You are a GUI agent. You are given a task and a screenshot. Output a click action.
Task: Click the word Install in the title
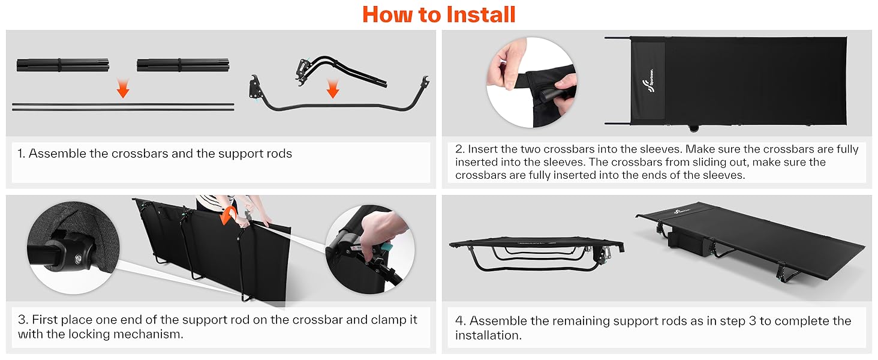(480, 14)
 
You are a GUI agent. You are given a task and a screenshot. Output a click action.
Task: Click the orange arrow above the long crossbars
(123, 88)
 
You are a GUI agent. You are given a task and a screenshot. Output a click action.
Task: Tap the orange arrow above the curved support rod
(333, 89)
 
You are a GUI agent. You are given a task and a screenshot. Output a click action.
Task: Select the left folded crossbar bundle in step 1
(63, 65)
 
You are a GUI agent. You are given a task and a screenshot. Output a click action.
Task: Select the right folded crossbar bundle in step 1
(183, 65)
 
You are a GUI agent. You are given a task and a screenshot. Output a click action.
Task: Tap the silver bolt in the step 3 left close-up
(79, 259)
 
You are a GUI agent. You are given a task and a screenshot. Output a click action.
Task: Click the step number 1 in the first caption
(21, 154)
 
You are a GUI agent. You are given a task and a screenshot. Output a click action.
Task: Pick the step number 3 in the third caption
(23, 320)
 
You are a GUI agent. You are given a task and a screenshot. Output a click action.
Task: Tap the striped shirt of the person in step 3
(210, 202)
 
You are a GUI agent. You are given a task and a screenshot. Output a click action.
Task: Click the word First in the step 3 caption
(44, 320)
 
